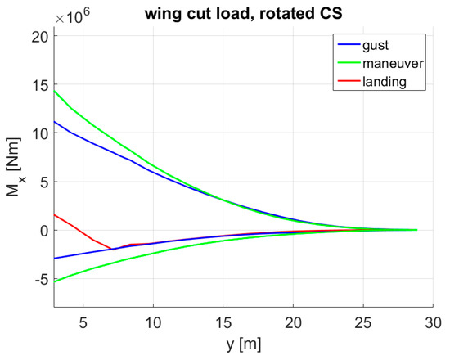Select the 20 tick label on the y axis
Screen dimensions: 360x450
pos(38,36)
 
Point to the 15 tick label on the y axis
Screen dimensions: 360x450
pos(38,84)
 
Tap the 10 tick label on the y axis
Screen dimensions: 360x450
pos(38,133)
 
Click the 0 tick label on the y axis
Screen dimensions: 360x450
pos(42,231)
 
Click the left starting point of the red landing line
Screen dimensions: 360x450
pos(55,214)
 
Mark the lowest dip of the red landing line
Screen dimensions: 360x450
pos(111,249)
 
